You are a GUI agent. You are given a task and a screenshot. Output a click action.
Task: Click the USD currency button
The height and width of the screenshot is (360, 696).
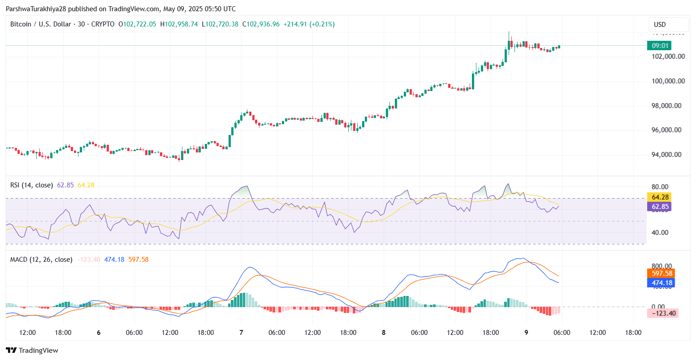click(668, 25)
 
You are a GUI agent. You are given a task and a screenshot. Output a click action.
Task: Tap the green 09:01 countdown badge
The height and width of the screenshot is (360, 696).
click(660, 45)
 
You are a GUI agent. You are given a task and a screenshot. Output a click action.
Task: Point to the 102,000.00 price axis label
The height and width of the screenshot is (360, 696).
click(668, 56)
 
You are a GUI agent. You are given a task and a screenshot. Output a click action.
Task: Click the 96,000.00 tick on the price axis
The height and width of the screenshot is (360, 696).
click(668, 130)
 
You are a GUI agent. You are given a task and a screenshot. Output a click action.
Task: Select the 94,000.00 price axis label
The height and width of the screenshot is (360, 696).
click(668, 155)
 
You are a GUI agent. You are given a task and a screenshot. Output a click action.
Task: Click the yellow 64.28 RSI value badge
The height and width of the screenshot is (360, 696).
click(660, 197)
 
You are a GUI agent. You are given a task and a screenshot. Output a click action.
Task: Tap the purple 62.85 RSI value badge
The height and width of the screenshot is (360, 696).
click(660, 207)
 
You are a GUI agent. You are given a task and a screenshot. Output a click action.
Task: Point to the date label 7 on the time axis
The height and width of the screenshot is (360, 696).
click(242, 333)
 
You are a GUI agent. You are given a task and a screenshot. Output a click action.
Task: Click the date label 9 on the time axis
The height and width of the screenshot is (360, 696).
click(526, 333)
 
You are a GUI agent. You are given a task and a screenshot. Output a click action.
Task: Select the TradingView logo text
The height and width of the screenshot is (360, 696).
click(32, 351)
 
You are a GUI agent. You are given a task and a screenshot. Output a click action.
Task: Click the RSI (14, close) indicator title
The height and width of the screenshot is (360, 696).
click(31, 185)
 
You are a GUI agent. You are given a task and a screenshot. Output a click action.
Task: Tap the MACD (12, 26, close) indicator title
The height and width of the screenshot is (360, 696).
click(41, 260)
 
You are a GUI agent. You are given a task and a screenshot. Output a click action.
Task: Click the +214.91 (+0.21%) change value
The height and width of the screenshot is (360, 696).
click(309, 24)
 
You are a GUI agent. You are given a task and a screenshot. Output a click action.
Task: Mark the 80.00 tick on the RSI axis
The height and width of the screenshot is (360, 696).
click(661, 187)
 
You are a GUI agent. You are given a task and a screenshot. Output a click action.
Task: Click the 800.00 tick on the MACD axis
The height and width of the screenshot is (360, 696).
click(662, 266)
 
